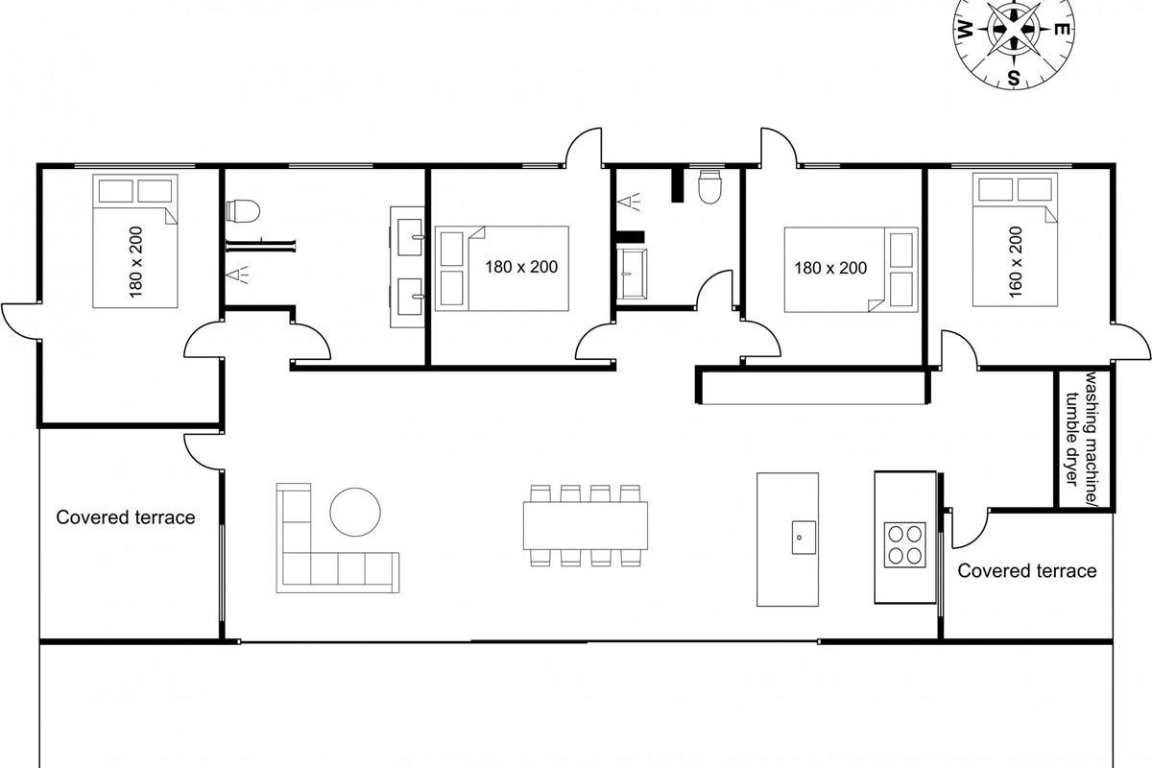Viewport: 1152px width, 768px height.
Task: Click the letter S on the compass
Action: click(x=1013, y=78)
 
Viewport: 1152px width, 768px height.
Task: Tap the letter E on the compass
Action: click(x=1062, y=30)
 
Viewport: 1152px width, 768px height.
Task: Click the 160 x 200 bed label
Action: click(x=1016, y=262)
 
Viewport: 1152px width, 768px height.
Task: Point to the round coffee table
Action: click(x=355, y=512)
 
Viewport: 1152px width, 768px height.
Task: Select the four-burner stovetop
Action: click(x=904, y=544)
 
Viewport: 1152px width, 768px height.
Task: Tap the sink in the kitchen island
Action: click(x=804, y=537)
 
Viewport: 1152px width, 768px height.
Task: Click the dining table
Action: click(x=586, y=526)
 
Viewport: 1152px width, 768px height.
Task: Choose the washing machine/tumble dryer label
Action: click(x=1084, y=428)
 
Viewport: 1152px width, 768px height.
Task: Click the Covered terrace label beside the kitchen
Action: click(x=1027, y=570)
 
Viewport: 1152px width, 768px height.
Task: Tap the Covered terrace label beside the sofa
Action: click(x=126, y=517)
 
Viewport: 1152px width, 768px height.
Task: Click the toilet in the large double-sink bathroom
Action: click(x=243, y=211)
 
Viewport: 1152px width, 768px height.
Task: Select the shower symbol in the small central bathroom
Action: click(x=629, y=202)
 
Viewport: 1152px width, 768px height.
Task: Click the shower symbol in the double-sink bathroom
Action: click(x=237, y=275)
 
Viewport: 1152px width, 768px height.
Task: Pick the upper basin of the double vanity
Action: click(x=411, y=236)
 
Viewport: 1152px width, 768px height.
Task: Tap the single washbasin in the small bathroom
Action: click(x=632, y=275)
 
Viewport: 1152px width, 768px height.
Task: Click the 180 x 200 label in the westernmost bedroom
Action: click(x=135, y=262)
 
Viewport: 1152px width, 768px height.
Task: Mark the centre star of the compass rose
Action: click(x=1014, y=31)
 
